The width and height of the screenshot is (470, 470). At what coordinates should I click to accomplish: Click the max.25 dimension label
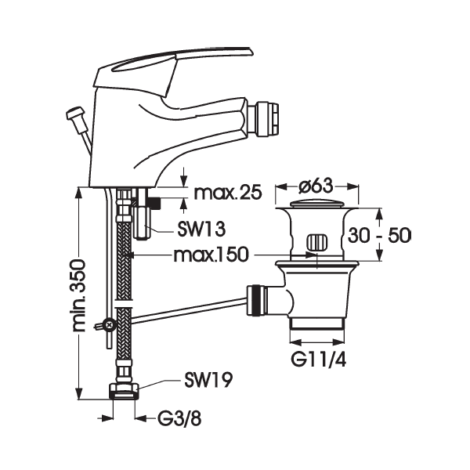226,193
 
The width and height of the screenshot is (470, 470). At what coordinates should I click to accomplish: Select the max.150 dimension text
211,255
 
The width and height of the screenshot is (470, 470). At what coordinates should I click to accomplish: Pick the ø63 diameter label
316,186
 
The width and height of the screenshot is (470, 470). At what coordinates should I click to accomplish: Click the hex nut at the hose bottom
123,389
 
